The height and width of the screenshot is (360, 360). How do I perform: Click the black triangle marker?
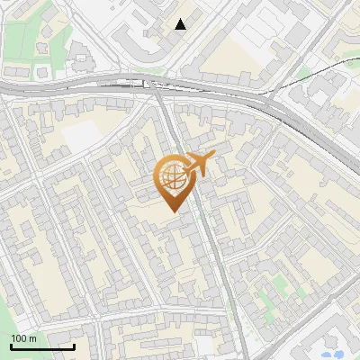tap(181, 24)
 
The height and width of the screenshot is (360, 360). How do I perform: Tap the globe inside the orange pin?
tap(172, 177)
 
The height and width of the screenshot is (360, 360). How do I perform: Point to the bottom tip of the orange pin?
tap(172, 211)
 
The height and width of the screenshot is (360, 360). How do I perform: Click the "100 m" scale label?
tap(24, 338)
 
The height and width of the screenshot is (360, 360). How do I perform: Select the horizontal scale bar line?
tap(42, 346)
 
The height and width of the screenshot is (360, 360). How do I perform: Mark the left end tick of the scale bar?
tap(11, 345)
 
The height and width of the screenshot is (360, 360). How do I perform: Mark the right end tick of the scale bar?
tap(75, 345)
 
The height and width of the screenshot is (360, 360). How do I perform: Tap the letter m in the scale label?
tap(32, 338)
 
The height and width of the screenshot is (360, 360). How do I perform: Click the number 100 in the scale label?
tap(19, 338)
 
